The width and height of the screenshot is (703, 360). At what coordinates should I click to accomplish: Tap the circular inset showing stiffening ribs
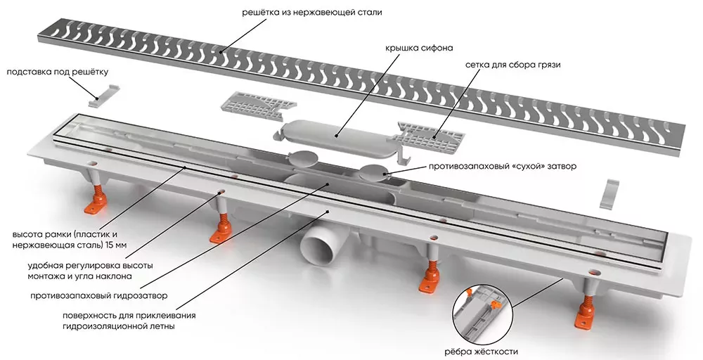[481, 312]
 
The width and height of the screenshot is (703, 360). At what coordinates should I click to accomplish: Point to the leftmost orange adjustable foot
[99, 202]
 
